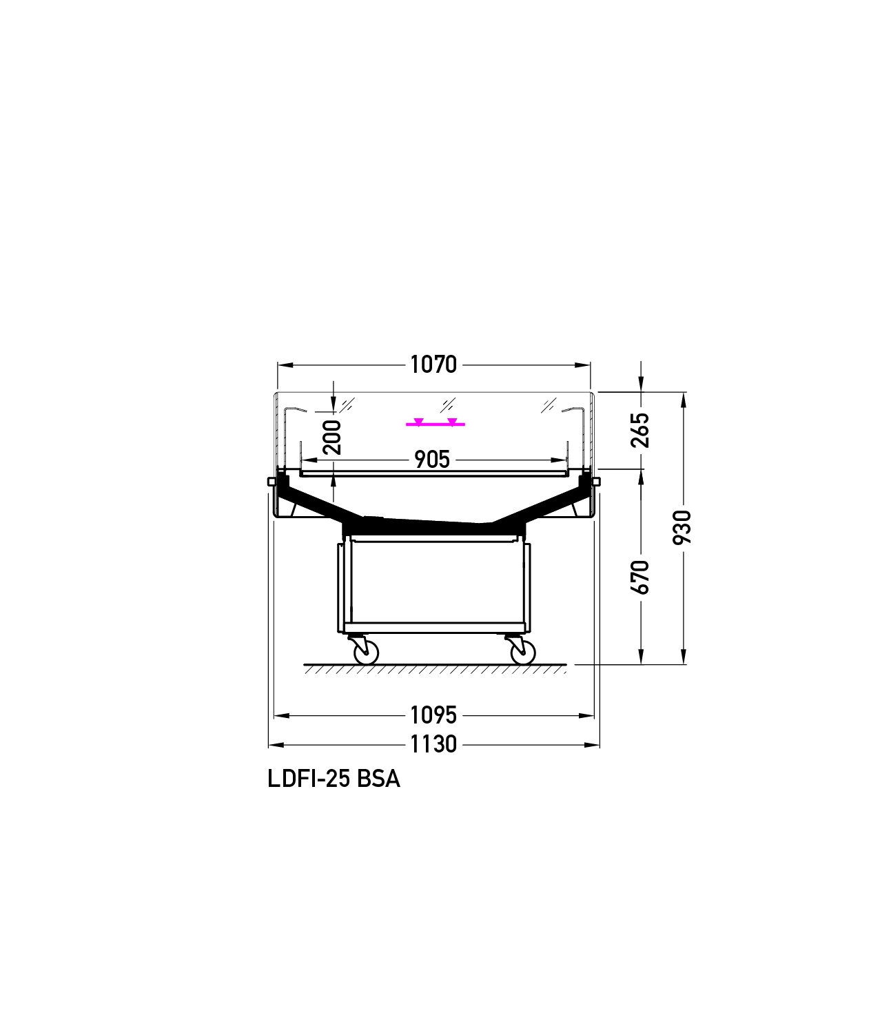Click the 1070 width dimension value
pyautogui.click(x=433, y=365)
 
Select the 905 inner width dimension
pyautogui.click(x=432, y=460)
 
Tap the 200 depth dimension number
pyautogui.click(x=333, y=438)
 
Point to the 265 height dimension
pyautogui.click(x=640, y=430)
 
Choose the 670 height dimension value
pyautogui.click(x=640, y=577)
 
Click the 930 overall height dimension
pyautogui.click(x=682, y=527)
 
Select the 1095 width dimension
pyautogui.click(x=433, y=715)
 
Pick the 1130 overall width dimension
pyautogui.click(x=433, y=744)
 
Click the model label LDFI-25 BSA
pyautogui.click(x=334, y=779)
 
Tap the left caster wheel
pyautogui.click(x=367, y=653)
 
